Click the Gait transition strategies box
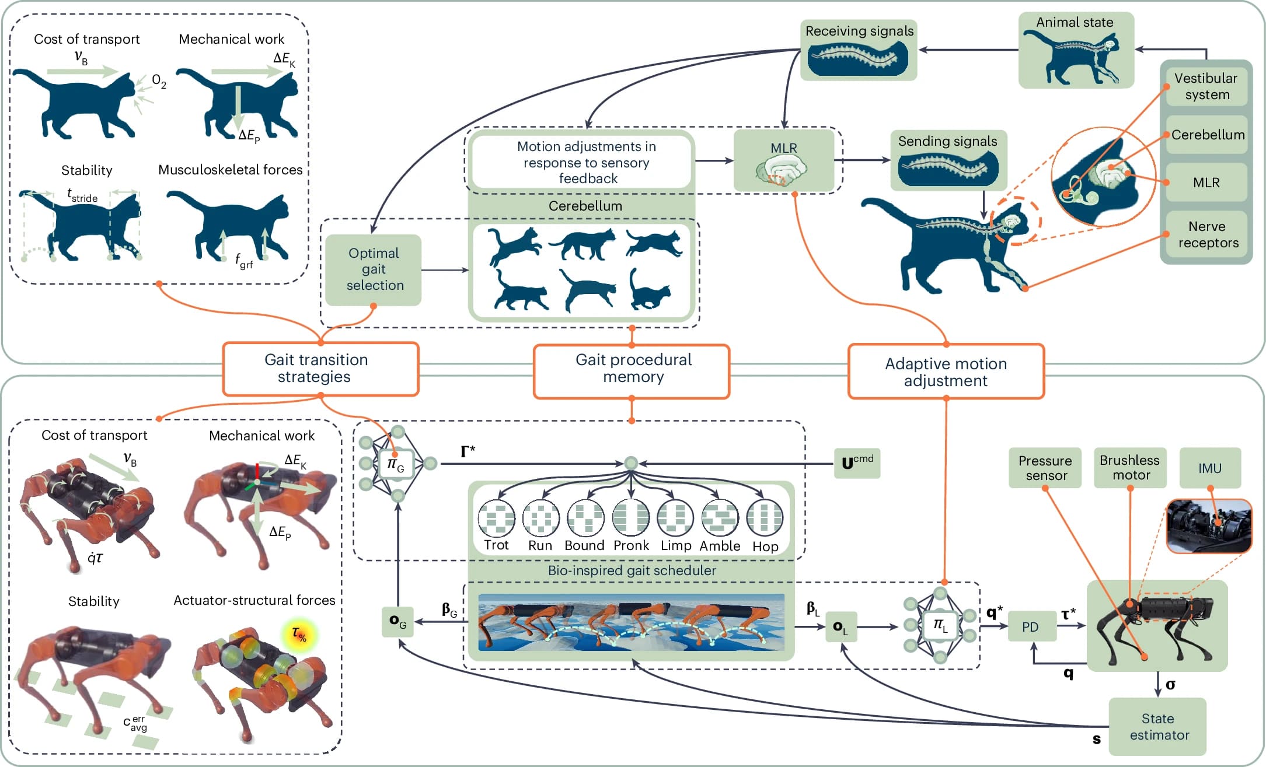tap(320, 369)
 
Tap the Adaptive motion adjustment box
tap(946, 372)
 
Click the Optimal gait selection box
tap(374, 269)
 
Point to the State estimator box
tap(1157, 726)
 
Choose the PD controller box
tap(1031, 626)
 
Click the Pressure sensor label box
tap(1045, 468)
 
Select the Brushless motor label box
tap(1129, 468)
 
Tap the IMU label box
tap(1209, 468)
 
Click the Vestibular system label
tap(1206, 86)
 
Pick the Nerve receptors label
tap(1206, 234)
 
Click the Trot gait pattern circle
tap(496, 518)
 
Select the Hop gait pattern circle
tap(765, 518)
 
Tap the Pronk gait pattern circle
tap(631, 518)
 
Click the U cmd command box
tap(857, 463)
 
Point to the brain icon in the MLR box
tap(782, 171)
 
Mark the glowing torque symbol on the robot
tap(299, 634)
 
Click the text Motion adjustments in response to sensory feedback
tap(586, 162)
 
